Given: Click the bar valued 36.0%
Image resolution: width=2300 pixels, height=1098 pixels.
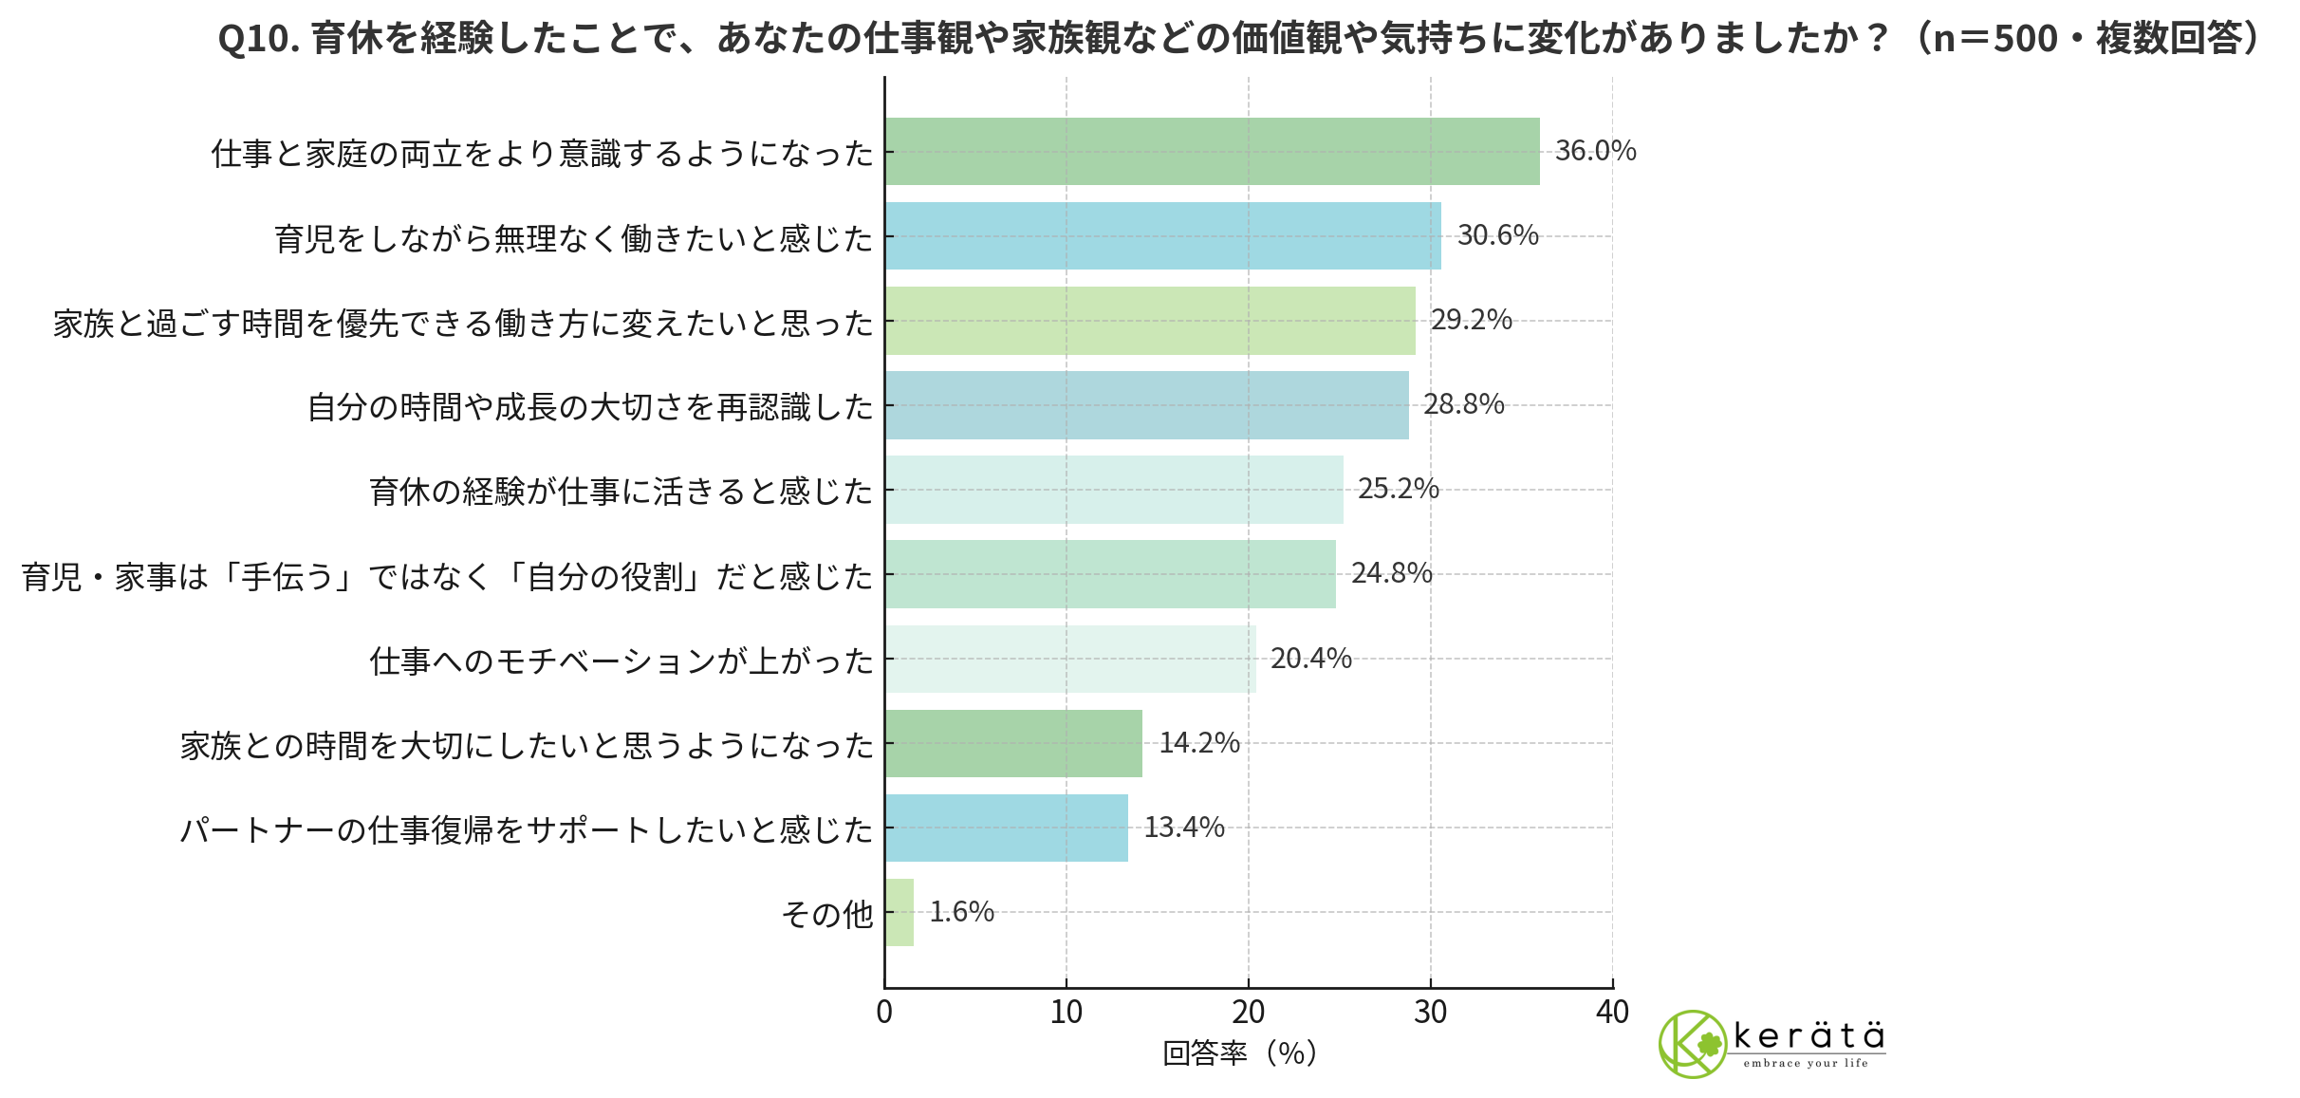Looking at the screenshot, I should [1212, 151].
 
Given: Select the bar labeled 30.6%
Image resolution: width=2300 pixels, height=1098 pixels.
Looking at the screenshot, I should [1162, 235].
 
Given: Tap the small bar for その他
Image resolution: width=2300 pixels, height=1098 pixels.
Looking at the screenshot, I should [900, 912].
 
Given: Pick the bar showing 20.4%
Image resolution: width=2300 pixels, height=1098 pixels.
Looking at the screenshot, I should [1070, 659].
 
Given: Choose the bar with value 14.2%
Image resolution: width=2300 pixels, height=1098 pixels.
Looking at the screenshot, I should [1013, 743].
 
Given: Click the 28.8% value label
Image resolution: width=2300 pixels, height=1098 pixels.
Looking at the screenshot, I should [1463, 405].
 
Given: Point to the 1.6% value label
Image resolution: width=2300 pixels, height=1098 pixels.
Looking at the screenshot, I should [961, 912].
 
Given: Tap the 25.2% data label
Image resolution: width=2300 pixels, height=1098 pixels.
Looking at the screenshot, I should [1398, 490].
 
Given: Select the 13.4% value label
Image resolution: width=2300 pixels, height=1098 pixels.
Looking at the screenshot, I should [1183, 828].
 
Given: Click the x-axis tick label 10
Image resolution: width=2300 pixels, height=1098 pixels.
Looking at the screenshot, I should [1067, 1013].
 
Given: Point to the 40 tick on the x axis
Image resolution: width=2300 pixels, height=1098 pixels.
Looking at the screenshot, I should [1612, 1013].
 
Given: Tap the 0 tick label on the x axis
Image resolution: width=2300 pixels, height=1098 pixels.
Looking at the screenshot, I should [884, 1013].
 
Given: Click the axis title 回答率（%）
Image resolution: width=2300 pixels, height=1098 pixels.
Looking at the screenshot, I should [1239, 1053].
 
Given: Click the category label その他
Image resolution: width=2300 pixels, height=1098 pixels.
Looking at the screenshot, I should [826, 914].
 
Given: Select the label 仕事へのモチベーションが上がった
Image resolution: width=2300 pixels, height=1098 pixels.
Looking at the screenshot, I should [621, 661].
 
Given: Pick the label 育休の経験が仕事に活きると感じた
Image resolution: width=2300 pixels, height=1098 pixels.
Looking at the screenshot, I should [621, 492].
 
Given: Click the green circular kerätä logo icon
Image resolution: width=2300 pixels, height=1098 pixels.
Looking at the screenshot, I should [1692, 1044].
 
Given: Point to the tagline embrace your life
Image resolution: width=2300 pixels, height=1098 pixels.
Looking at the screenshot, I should [1805, 1064].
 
